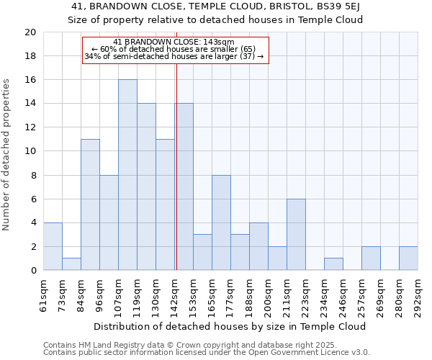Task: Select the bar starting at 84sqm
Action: (90, 204)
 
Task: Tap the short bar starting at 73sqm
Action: (71, 264)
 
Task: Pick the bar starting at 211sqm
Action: (296, 235)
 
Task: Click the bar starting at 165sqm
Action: (221, 222)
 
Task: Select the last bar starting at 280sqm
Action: (408, 258)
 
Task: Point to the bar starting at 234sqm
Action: (333, 264)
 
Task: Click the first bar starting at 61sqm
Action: (53, 246)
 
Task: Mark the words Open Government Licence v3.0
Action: (310, 353)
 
